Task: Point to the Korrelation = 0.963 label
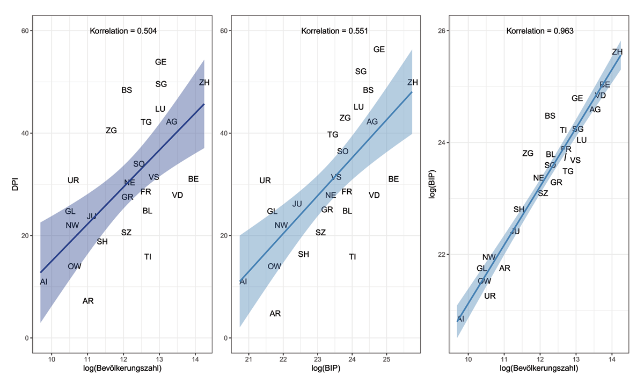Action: (540, 31)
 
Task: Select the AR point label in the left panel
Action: (88, 301)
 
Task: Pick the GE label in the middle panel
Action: (379, 49)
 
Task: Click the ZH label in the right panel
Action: (617, 52)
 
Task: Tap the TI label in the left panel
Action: (148, 257)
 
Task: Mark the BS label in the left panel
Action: (127, 90)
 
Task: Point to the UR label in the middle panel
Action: (265, 181)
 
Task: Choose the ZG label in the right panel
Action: (528, 154)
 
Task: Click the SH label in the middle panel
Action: (303, 254)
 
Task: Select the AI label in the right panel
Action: (460, 319)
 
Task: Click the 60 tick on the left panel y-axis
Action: (24, 31)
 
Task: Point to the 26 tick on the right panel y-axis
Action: (444, 31)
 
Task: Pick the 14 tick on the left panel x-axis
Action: (195, 359)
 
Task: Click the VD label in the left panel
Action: (178, 195)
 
